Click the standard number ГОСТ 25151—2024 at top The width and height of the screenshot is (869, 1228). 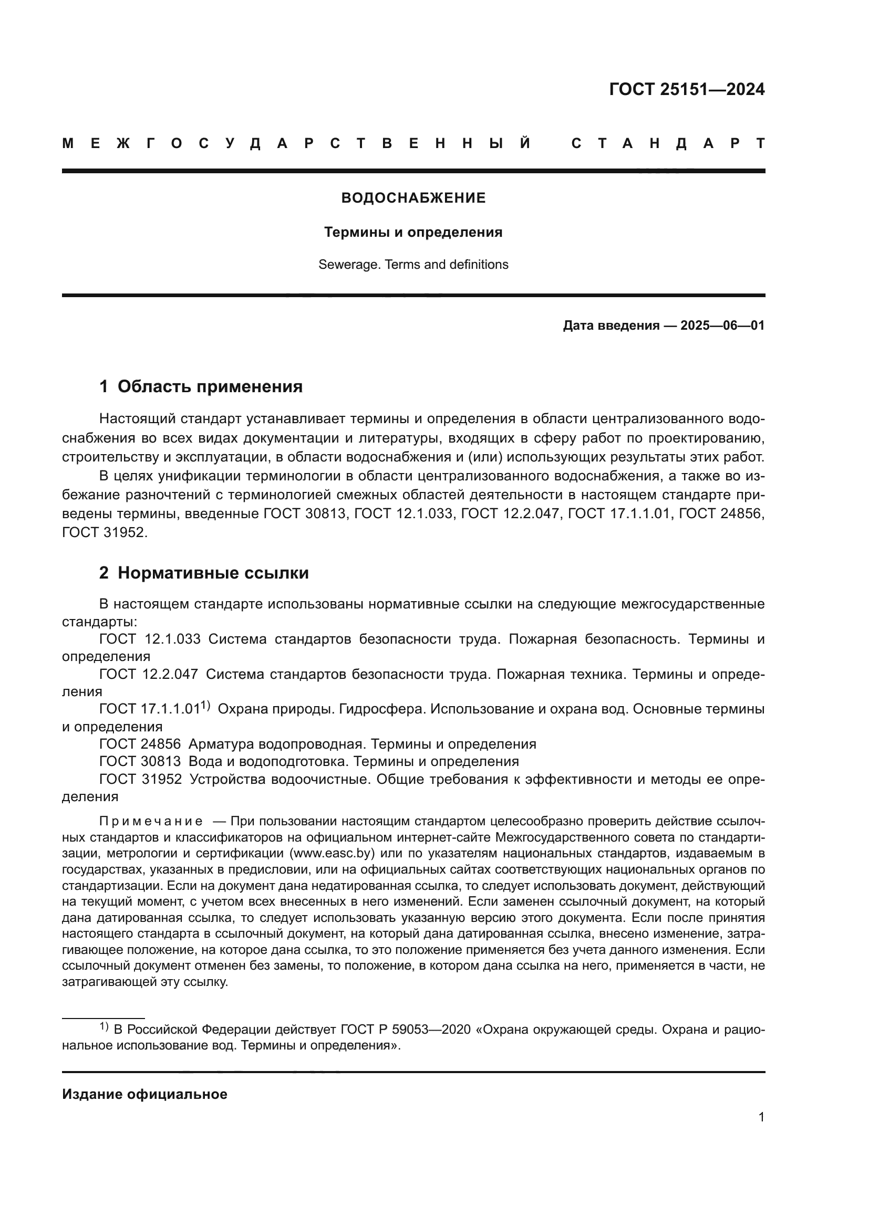pyautogui.click(x=687, y=89)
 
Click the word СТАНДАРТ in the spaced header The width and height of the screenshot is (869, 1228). pyautogui.click(x=668, y=143)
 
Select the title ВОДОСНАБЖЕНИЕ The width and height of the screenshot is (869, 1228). pyautogui.click(x=413, y=198)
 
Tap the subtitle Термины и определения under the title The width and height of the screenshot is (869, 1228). pyautogui.click(x=413, y=232)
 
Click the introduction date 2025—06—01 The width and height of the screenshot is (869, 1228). pyautogui.click(x=722, y=325)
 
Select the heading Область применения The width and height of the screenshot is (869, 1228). pyautogui.click(x=210, y=386)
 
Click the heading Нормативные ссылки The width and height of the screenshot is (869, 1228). pyautogui.click(x=213, y=573)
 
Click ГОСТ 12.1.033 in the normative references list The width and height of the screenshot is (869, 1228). pyautogui.click(x=150, y=639)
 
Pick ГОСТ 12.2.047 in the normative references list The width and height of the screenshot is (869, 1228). pyautogui.click(x=148, y=675)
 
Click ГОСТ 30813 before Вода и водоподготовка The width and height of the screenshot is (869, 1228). pyautogui.click(x=140, y=761)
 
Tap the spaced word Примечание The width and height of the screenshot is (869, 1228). pyautogui.click(x=151, y=822)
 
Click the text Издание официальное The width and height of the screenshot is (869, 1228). pyautogui.click(x=144, y=1094)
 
